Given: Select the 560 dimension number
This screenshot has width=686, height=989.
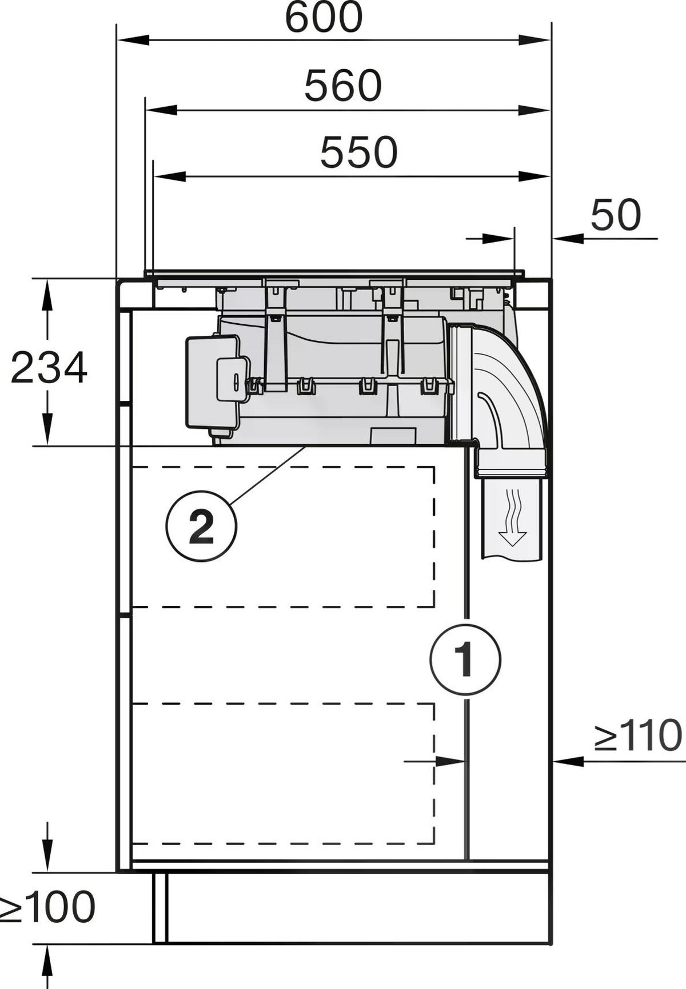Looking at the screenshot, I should [x=342, y=86].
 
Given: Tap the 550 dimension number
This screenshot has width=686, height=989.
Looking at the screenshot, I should [x=358, y=152].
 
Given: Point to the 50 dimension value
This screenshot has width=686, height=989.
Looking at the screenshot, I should [x=615, y=215].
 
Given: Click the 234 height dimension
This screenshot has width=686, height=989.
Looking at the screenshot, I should [x=49, y=368].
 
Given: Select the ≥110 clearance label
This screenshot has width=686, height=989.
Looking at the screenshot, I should [x=637, y=736].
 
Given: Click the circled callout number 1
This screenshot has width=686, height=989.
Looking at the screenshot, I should [x=465, y=660].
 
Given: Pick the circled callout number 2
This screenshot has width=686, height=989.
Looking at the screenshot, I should [x=201, y=527].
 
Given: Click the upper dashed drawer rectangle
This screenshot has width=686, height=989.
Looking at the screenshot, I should [x=283, y=537].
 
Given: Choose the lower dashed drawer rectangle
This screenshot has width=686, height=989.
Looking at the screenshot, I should [x=283, y=774].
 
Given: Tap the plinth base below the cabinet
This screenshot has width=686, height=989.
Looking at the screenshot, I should [x=354, y=907].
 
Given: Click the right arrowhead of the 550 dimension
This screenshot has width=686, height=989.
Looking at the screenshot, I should [x=534, y=176].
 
